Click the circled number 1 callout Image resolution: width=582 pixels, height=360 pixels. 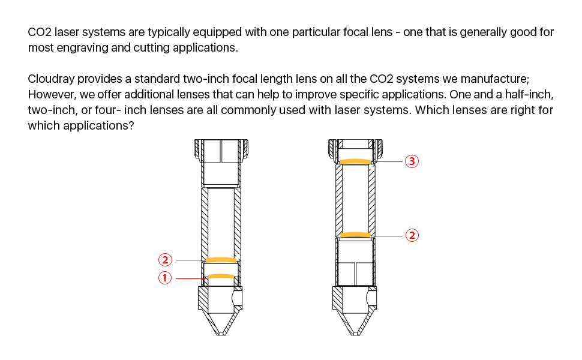click(x=165, y=278)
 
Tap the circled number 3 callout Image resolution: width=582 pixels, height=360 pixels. click(x=412, y=161)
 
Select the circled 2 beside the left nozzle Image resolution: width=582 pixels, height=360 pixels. click(x=165, y=260)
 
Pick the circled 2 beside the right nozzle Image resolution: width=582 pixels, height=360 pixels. click(x=412, y=235)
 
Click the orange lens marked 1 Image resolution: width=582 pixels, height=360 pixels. click(x=221, y=276)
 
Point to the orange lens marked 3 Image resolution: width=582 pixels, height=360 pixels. click(x=356, y=161)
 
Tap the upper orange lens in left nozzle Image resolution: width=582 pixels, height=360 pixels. click(x=221, y=259)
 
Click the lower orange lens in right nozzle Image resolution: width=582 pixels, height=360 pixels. click(x=356, y=235)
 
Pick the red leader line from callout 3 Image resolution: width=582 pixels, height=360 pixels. click(x=388, y=161)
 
